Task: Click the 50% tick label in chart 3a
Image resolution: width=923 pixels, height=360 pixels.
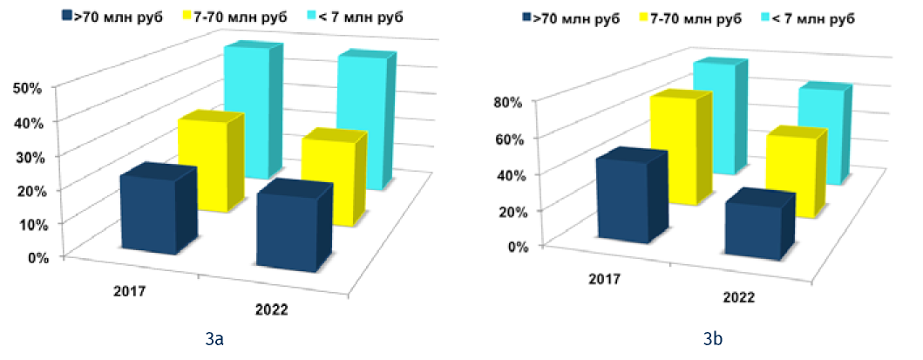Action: pyautogui.click(x=29, y=88)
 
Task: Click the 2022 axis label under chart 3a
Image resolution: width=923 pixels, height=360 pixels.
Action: pyautogui.click(x=271, y=309)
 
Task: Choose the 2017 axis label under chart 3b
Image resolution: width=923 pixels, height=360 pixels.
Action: pyautogui.click(x=603, y=279)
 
